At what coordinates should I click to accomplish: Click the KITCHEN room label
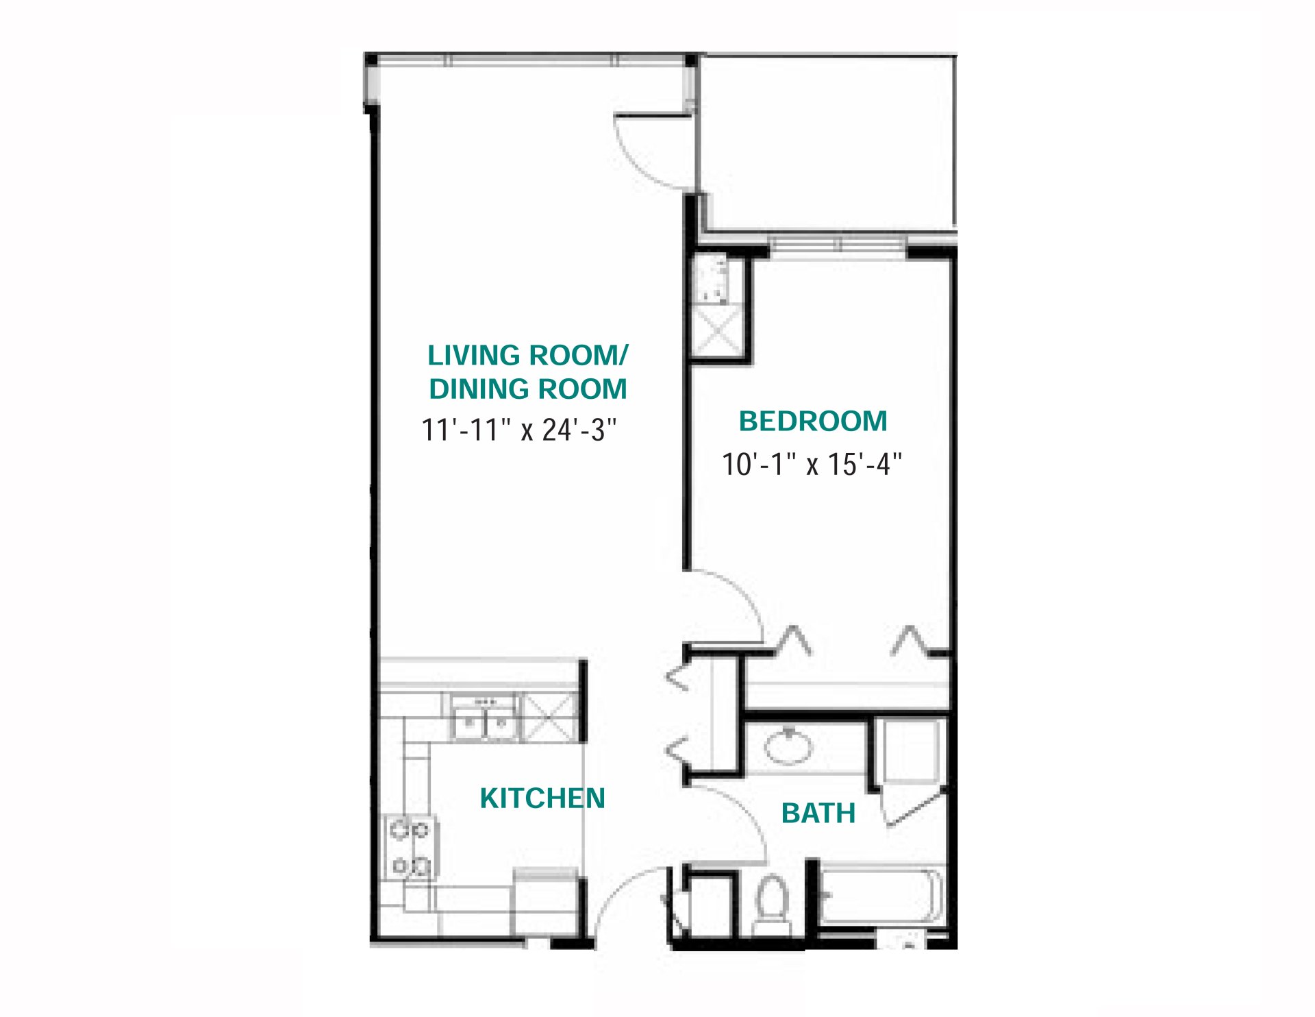coord(542,798)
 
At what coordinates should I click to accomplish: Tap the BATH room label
coord(818,813)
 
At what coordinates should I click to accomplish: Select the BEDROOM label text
coord(813,421)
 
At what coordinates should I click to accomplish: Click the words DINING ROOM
coord(527,389)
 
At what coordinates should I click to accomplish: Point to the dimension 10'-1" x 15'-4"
coord(812,465)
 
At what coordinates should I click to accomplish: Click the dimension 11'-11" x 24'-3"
coord(519,430)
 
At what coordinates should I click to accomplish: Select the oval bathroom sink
coord(788,746)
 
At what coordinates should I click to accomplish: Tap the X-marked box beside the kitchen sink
coord(550,718)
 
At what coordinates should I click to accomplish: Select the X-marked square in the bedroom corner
coord(717,331)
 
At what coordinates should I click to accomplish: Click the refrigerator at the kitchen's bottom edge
coord(546,903)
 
